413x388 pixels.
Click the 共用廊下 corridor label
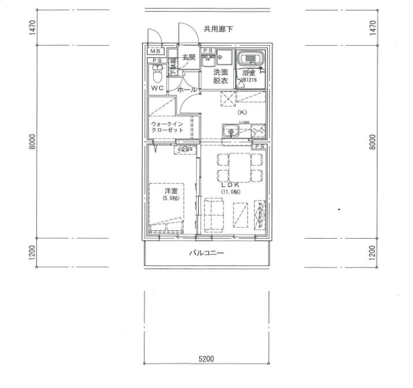(218, 29)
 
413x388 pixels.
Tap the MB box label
(155, 51)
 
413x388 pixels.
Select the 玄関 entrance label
(189, 57)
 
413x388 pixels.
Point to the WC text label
(157, 88)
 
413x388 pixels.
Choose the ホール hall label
(187, 90)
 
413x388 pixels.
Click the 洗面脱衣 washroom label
(221, 77)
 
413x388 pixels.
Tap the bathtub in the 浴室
(251, 58)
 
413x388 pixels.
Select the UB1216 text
(250, 81)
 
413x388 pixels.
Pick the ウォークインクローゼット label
(167, 127)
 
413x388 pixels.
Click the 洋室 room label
(170, 190)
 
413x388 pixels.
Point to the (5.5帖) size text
(170, 198)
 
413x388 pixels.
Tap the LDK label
(229, 184)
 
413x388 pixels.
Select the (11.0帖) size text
(229, 192)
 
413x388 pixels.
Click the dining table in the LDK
(240, 167)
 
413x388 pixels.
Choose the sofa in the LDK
(214, 215)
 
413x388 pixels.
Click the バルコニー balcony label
(206, 253)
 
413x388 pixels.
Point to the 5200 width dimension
(206, 359)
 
